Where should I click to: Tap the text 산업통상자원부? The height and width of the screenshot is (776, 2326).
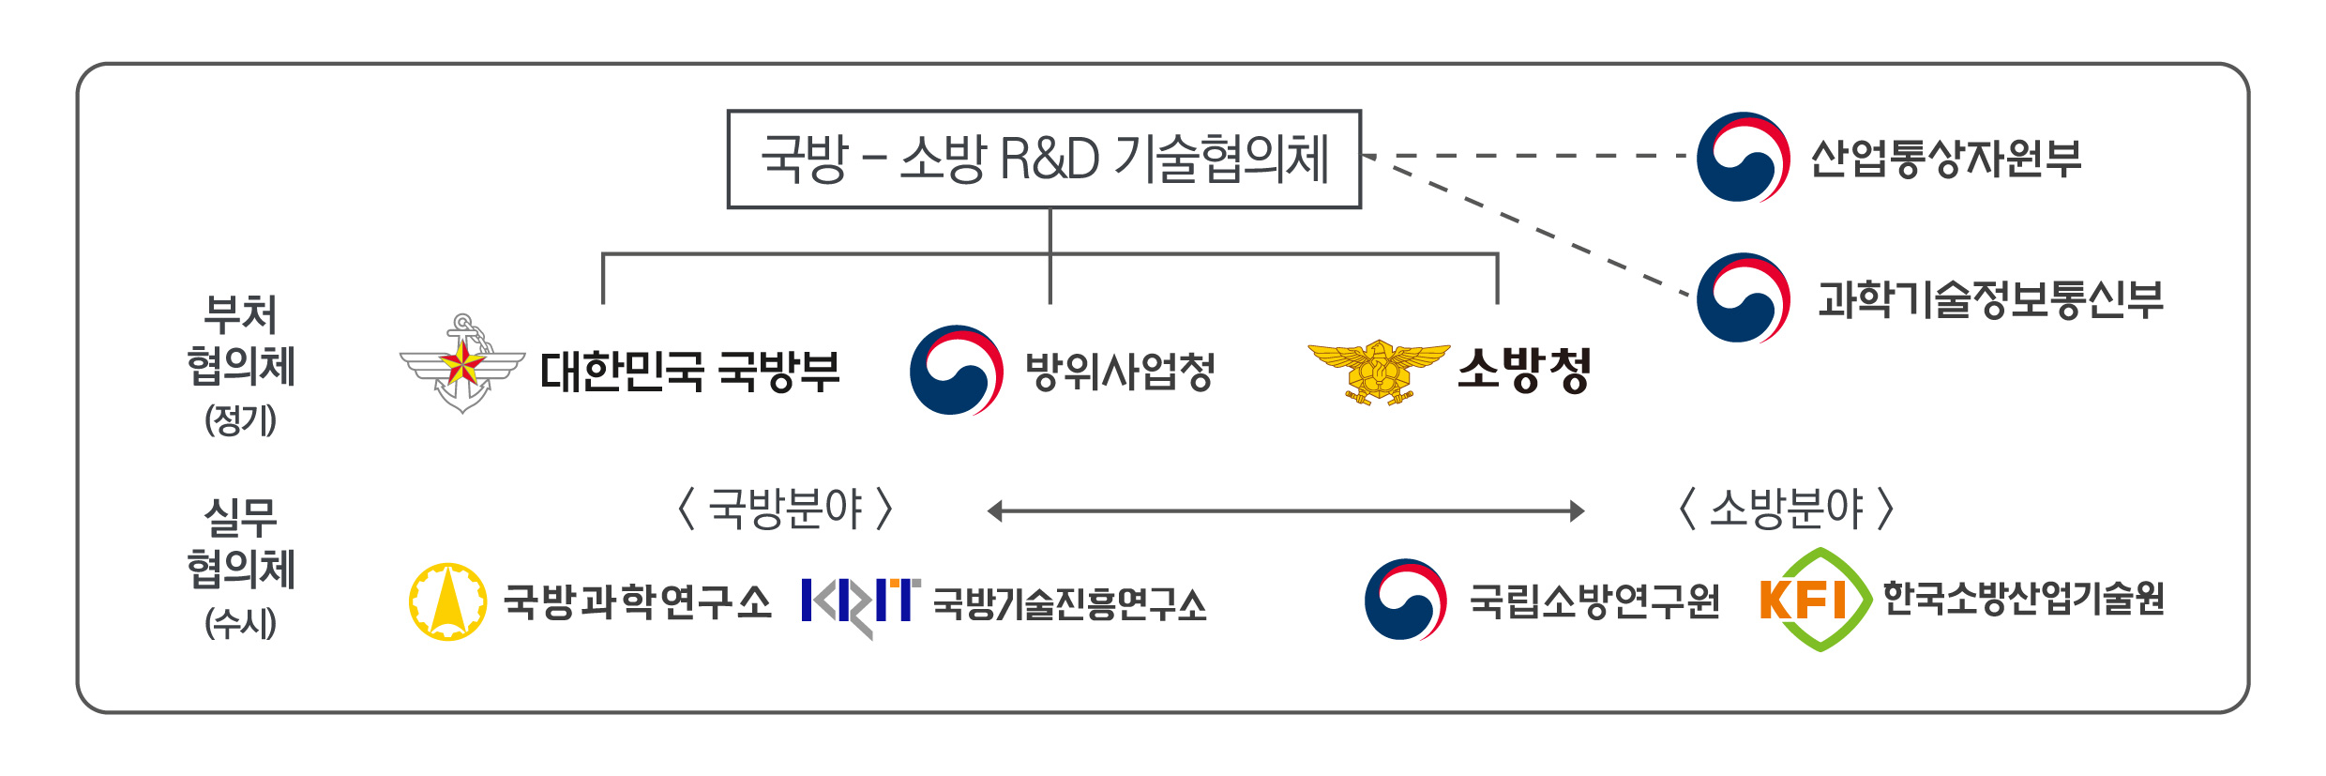(1946, 158)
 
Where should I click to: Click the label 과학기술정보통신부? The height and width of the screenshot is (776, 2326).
(1990, 299)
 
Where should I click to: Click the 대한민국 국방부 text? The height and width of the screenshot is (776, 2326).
(690, 371)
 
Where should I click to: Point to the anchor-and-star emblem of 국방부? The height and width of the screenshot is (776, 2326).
(462, 363)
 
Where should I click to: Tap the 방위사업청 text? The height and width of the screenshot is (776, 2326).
(1120, 371)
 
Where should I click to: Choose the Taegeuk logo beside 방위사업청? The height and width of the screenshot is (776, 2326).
(957, 370)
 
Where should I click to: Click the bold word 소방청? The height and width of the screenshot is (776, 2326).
(1524, 370)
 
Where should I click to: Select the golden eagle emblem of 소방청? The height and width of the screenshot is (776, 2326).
(1379, 373)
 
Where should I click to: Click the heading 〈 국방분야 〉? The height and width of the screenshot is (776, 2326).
(785, 509)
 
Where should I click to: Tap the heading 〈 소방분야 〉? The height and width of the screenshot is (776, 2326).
(1786, 509)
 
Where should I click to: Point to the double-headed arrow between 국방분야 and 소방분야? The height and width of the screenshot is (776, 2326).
(1286, 510)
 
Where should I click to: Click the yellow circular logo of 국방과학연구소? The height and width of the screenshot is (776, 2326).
(448, 601)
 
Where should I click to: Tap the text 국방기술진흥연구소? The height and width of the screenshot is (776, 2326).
(1070, 604)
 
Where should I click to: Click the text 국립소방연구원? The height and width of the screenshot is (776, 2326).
(1594, 601)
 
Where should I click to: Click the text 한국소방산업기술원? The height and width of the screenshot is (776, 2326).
(2024, 598)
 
